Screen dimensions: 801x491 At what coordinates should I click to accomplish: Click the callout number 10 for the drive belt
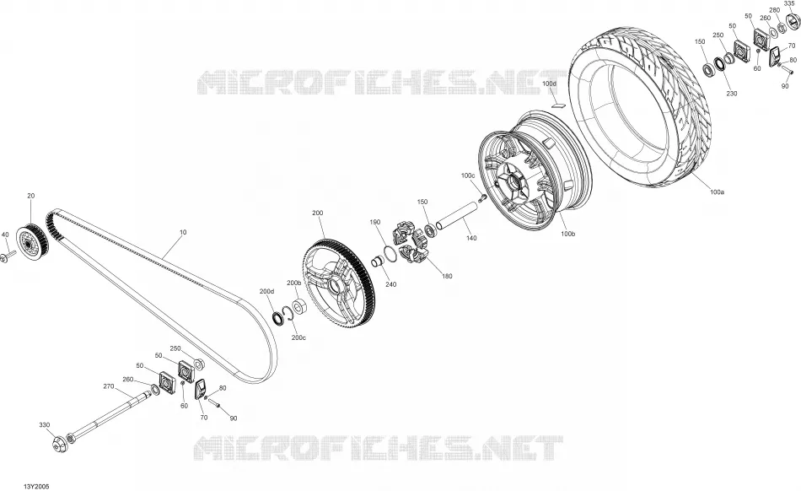[x=183, y=232]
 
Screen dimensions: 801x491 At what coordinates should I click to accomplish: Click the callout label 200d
[x=266, y=291]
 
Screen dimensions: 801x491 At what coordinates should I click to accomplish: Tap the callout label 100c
[x=468, y=175]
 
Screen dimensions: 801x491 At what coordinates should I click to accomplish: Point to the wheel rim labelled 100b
[x=534, y=171]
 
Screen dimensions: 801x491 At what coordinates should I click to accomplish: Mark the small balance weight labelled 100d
[x=558, y=106]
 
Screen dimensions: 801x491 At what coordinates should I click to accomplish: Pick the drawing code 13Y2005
[x=35, y=487]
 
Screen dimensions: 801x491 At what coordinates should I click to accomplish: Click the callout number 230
[x=732, y=94]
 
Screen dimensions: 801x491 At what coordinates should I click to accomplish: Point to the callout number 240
[x=390, y=284]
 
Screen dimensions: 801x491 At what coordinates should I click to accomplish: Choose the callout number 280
[x=774, y=10]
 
